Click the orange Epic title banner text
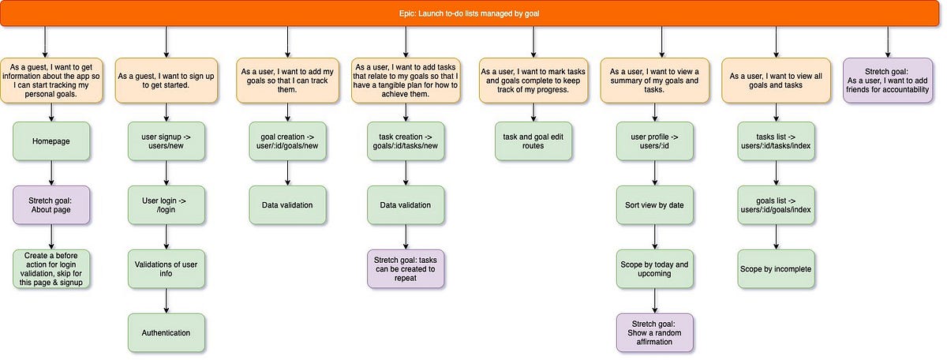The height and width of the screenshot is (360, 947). click(473, 14)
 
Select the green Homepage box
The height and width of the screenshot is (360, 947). click(51, 141)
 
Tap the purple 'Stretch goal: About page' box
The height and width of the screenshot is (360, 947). click(51, 205)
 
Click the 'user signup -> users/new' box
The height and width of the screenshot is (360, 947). click(166, 141)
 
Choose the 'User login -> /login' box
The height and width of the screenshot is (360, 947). click(166, 205)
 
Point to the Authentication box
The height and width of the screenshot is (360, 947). click(166, 332)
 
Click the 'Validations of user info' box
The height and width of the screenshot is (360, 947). click(166, 269)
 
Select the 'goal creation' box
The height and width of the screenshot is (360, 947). click(287, 141)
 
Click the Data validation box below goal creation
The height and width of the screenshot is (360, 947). click(287, 205)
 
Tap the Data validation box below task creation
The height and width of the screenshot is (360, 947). click(406, 205)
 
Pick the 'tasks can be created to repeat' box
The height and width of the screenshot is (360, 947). click(406, 269)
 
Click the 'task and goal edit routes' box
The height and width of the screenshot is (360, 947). click(533, 141)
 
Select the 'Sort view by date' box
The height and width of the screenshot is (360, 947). click(654, 205)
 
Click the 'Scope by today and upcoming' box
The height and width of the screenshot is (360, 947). click(654, 269)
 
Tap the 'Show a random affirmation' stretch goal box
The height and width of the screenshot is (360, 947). click(654, 332)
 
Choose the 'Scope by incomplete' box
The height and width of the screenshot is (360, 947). click(776, 269)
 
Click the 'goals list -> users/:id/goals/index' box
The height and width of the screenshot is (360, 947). click(776, 205)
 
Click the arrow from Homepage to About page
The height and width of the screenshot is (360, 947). click(51, 173)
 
